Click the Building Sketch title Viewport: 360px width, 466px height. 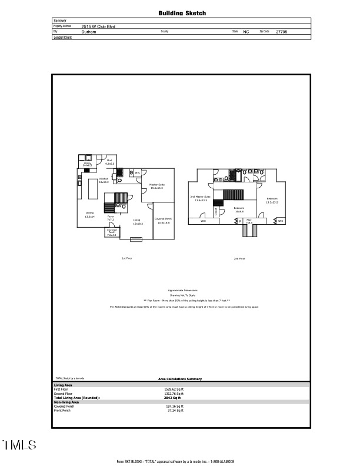182,12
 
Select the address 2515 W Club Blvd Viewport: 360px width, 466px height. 98,26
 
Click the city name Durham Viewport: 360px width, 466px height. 89,32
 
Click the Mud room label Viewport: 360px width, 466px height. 109,162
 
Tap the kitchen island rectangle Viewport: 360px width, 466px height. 92,191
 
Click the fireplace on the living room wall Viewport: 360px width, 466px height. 136,239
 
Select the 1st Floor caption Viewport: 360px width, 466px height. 125,258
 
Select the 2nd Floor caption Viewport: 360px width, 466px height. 239,258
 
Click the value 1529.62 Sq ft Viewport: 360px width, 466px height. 174,390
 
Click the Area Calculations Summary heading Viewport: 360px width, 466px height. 180,379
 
